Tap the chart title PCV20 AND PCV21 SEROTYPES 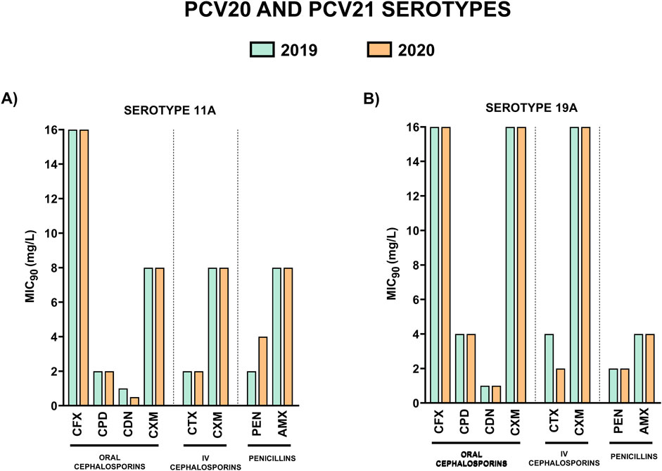(x=331, y=15)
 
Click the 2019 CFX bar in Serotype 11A (x=73, y=268)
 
